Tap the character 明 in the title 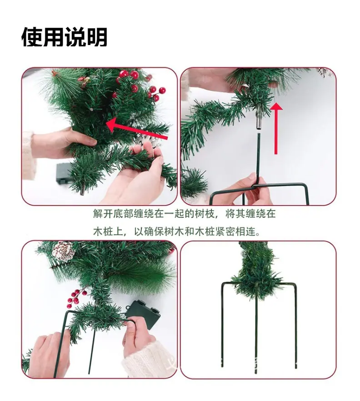(x=97, y=37)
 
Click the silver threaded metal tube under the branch (x=259, y=119)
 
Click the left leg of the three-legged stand (x=222, y=325)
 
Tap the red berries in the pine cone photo (x=75, y=298)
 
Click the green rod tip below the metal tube (x=259, y=134)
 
